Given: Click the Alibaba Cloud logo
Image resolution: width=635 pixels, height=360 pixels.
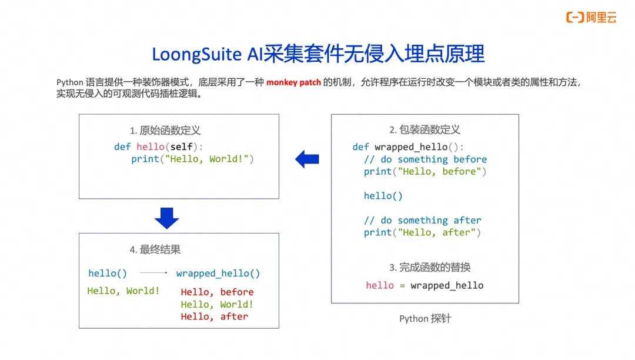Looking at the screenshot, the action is tap(591, 18).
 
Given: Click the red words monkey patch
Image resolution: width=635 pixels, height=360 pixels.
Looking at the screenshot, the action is tap(293, 82).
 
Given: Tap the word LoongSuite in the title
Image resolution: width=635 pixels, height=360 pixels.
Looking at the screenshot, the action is tap(197, 54).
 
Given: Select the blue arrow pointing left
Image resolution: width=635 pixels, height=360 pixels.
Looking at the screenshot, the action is tap(307, 159).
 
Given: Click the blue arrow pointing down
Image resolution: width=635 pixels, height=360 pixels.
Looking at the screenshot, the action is tap(166, 218).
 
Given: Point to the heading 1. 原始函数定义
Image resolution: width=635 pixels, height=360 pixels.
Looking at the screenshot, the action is tap(165, 131).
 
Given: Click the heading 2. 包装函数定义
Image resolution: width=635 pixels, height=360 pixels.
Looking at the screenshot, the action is tap(425, 129).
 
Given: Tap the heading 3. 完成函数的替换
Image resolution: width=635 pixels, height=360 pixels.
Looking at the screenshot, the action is tap(430, 267).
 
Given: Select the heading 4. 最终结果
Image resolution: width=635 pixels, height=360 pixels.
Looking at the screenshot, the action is tap(155, 249).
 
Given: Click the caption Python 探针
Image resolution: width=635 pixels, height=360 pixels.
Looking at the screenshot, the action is tap(425, 319).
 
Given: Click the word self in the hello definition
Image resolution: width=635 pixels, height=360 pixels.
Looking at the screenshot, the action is tap(181, 146).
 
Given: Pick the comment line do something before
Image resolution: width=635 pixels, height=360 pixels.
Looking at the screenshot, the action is tap(425, 159).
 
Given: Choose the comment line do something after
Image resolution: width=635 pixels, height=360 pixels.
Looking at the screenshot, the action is tap(422, 220).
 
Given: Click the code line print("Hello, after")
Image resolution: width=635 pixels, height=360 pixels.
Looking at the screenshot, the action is tap(422, 232).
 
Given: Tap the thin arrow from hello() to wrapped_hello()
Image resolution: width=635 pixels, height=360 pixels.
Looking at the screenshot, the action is tap(154, 273).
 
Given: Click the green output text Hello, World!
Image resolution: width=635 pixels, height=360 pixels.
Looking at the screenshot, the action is tap(123, 291).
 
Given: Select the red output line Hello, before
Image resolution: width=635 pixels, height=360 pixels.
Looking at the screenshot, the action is tap(217, 292).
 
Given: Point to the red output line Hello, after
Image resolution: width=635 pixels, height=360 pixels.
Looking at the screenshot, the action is tap(214, 316).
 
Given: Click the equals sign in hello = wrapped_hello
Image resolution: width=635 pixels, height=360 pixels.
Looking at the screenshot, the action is tap(402, 286).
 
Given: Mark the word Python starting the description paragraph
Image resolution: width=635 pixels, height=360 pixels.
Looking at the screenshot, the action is tap(69, 82).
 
